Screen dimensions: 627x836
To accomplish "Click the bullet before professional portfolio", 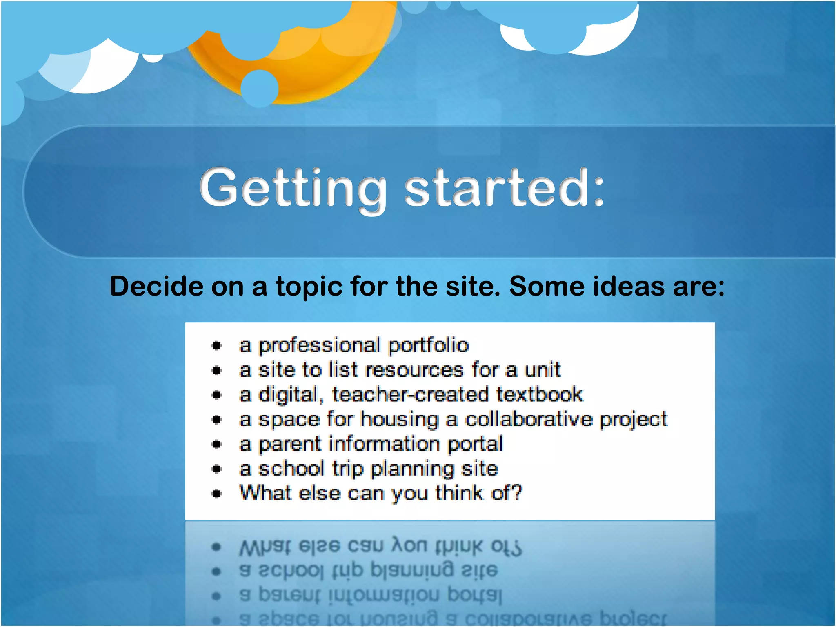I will click(217, 346).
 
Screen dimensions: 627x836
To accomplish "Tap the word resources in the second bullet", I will click(414, 370).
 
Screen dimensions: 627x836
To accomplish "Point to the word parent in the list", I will click(290, 444).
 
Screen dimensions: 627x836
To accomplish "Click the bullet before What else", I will click(217, 494).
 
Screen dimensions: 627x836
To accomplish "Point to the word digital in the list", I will click(288, 395).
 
